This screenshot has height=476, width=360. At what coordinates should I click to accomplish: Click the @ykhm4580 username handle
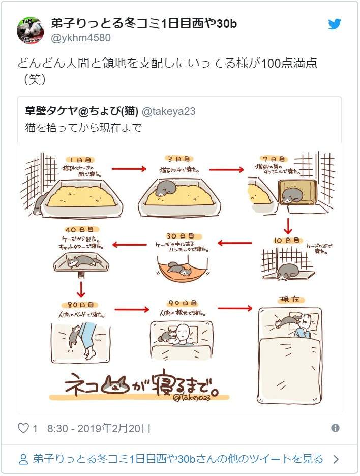coord(81,38)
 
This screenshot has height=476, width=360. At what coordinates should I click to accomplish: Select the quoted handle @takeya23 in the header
coord(168,111)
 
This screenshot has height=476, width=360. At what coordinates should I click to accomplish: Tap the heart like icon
coord(23,428)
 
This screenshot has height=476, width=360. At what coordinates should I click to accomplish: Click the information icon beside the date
coord(335,428)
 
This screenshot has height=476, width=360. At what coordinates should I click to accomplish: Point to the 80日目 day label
coord(79,304)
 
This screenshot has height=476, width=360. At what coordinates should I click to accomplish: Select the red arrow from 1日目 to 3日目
coord(129,168)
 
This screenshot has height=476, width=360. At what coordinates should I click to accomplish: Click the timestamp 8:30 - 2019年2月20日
coord(99,428)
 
